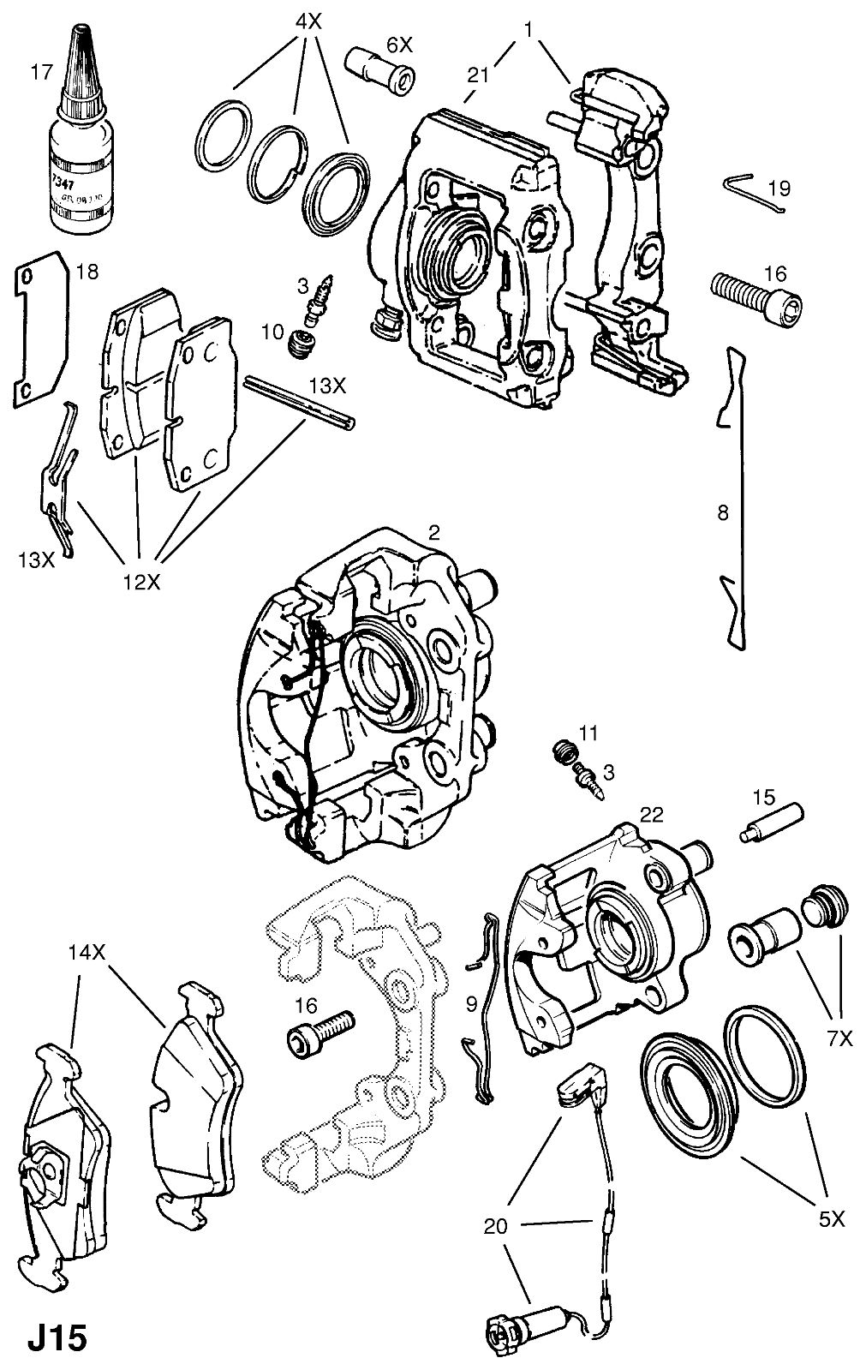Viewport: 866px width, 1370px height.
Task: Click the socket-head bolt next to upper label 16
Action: click(x=759, y=301)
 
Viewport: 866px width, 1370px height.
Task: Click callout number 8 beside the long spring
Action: click(x=723, y=512)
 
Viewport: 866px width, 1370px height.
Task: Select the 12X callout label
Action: click(x=140, y=582)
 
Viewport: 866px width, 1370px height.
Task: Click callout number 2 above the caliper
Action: click(x=434, y=533)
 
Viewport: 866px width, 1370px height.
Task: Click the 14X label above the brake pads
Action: click(x=87, y=951)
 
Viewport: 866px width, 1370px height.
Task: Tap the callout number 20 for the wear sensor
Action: click(x=495, y=1227)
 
